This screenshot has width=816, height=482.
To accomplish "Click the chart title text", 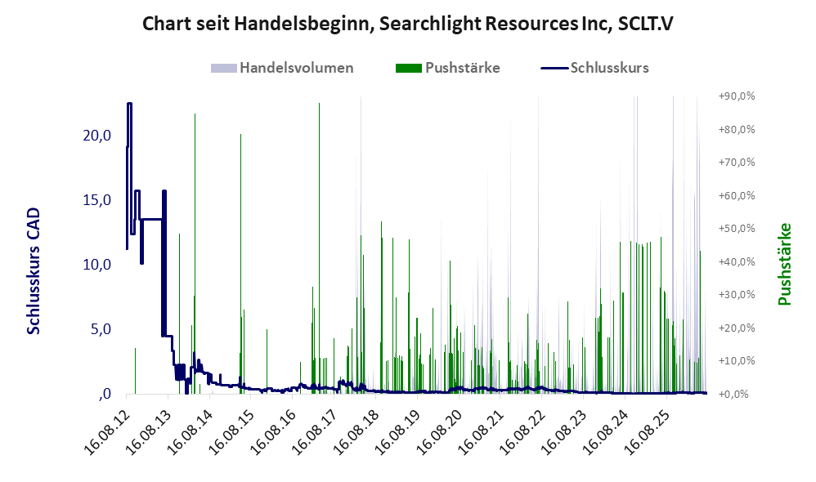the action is [407, 24].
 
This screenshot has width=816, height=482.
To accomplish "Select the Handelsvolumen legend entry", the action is [282, 68].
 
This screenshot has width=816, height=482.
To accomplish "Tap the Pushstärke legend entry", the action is [447, 68].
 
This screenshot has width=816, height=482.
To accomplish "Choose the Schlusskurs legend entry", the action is [594, 68].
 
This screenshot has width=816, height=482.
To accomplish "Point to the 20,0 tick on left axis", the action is [97, 136].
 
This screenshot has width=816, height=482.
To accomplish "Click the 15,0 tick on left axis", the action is [97, 200].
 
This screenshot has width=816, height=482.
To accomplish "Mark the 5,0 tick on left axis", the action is [101, 329].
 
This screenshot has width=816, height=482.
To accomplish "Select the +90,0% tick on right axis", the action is [737, 96].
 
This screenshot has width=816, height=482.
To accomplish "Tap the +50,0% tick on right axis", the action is [737, 229].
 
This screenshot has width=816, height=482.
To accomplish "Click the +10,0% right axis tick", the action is [737, 361].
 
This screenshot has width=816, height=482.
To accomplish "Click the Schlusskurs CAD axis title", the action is [34, 271].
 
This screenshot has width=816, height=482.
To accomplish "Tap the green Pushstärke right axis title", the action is [784, 264].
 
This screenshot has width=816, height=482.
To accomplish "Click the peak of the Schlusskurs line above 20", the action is [129, 104].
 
